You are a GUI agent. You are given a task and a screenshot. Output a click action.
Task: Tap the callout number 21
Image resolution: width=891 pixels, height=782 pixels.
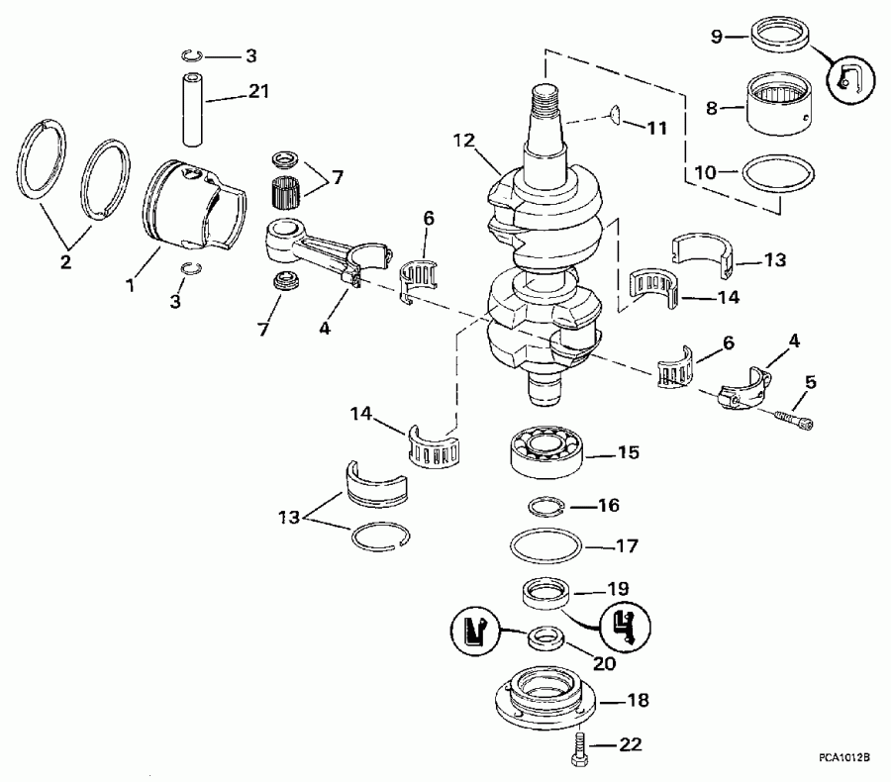[x=257, y=92]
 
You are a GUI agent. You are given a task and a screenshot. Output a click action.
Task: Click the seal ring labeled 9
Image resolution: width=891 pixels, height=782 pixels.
[x=778, y=43]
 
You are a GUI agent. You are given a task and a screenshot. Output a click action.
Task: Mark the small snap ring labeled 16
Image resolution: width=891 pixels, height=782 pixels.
[x=543, y=507]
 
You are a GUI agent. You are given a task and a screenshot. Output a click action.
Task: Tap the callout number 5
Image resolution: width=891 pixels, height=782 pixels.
[x=811, y=381]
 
